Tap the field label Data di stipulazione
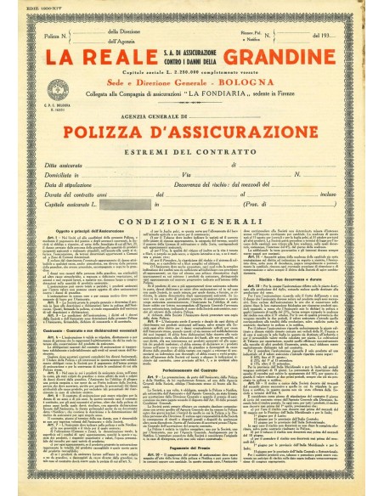pos(77,194)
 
